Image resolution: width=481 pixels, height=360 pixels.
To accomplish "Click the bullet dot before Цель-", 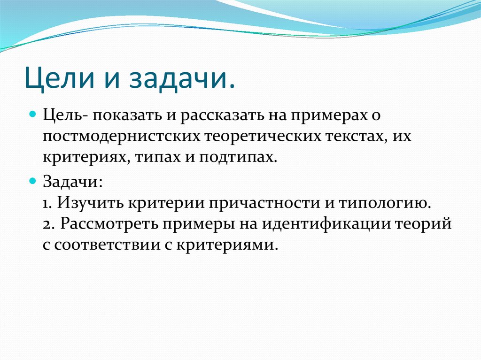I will [33, 115].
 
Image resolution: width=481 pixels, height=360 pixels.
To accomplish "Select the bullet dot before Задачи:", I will [33, 180].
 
